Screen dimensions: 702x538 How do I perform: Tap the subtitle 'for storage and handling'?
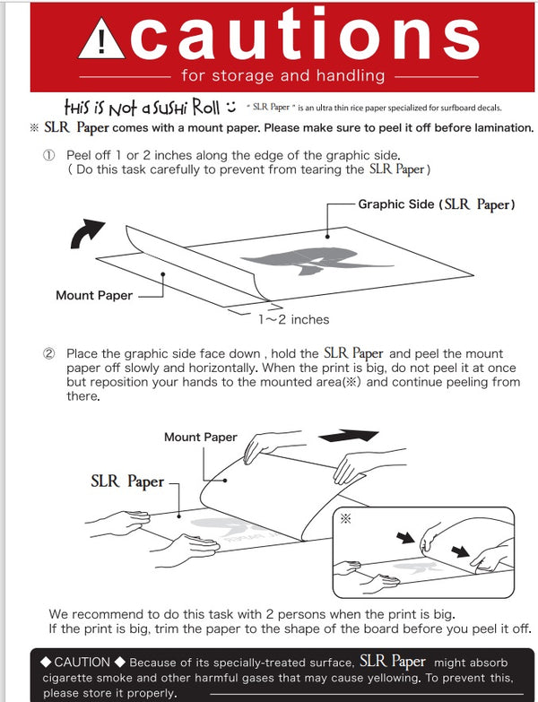(282, 75)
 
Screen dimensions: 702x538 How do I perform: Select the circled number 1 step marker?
(49, 155)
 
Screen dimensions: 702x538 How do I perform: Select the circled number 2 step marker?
(49, 354)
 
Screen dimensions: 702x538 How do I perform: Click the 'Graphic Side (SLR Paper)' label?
(437, 204)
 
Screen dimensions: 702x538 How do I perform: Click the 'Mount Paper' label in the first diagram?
(93, 295)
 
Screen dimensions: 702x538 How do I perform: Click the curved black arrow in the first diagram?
(88, 235)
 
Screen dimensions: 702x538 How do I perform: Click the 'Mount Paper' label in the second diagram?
(200, 438)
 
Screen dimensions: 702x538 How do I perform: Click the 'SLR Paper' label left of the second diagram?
(127, 481)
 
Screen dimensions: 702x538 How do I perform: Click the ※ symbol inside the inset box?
(345, 518)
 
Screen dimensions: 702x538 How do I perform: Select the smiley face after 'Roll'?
(230, 108)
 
